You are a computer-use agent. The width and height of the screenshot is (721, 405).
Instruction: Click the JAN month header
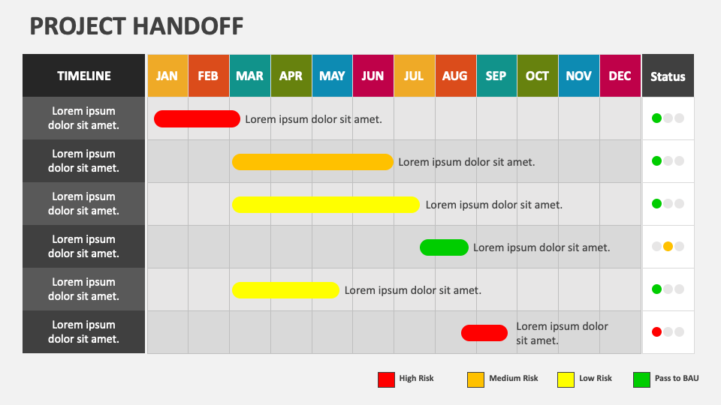pos(167,76)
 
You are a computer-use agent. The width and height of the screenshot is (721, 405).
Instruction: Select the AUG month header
pos(455,76)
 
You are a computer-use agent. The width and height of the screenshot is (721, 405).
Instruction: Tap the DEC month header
pos(620,76)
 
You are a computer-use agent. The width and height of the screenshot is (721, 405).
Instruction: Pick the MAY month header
pos(332,76)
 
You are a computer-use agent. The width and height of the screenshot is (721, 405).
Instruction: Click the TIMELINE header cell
pos(84,76)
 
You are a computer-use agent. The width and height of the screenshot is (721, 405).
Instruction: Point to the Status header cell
pos(668,76)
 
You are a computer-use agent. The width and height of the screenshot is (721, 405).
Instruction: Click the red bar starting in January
pos(197,118)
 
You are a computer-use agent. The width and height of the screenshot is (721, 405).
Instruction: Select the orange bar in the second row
pos(312,162)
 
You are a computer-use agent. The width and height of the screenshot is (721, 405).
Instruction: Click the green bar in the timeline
pos(444,247)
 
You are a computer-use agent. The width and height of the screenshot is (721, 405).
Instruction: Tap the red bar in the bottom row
pos(484,333)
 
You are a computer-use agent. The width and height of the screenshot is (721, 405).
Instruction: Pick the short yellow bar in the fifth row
pos(285,290)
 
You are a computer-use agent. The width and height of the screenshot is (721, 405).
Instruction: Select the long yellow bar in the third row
pos(325,205)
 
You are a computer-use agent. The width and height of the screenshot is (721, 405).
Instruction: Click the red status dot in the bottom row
pos(656,332)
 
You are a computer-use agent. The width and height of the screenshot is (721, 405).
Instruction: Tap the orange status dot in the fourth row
pos(668,247)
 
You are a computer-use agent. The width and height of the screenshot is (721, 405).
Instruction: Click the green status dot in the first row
pos(656,118)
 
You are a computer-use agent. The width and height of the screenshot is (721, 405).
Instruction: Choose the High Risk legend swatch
pos(386,379)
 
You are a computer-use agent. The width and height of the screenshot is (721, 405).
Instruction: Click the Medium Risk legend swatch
pos(475,379)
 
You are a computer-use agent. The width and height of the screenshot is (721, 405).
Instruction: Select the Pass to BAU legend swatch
pos(641,379)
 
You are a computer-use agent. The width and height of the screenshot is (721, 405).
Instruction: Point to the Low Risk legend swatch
pos(566,379)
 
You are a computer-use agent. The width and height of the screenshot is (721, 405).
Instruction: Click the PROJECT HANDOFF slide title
pos(137,26)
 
